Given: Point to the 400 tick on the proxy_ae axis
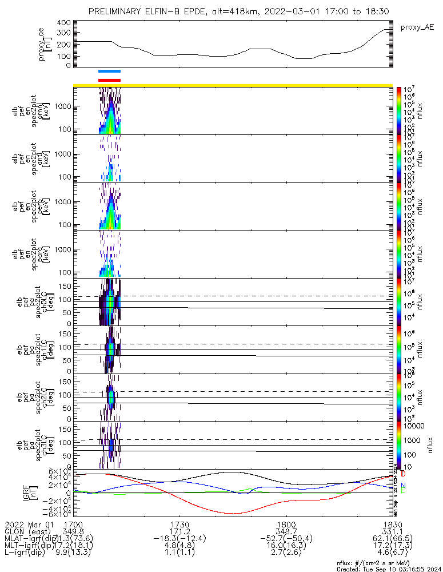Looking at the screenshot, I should coord(64,22).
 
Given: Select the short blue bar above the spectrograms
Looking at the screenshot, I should coord(109,71).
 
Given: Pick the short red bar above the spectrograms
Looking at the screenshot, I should coord(109,80).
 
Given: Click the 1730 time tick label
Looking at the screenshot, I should coord(179,524).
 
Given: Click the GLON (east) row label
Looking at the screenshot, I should coord(26,531).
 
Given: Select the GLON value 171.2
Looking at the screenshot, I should coord(179,531).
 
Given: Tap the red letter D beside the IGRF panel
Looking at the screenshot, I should coord(404,474).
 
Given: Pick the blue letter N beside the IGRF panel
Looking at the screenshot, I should coord(404,486).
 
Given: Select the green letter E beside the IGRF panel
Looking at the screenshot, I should coord(404,491).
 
